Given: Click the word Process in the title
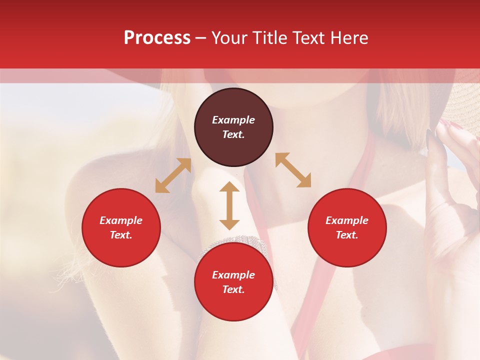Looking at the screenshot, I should pos(157,38).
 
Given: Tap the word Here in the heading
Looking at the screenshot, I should pos(349,38).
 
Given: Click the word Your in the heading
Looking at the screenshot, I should pos(229,38).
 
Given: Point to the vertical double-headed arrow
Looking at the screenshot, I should pos(229,205).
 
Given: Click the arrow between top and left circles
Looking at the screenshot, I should pos(173,175).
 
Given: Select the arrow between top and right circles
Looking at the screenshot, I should pos(293,170).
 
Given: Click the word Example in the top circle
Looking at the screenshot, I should pos(233,120).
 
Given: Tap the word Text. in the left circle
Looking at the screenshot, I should pos(121,235).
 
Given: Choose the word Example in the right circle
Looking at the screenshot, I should pos(347,220).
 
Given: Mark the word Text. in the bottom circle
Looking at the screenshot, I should pos(233,289).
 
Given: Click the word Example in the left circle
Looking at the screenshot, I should pos(121,220).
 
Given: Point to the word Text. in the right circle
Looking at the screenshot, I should pos(347,235).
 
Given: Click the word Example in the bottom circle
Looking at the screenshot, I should pos(233,275).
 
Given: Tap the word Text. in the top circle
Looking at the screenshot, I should pos(233,134).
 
